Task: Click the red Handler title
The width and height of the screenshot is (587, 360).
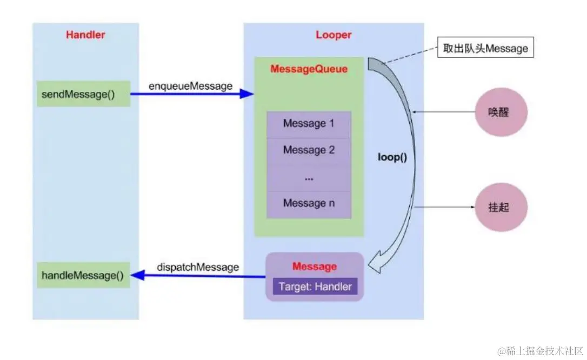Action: (85, 35)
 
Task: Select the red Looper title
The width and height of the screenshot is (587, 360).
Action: (333, 35)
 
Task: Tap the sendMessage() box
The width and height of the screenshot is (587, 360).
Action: (83, 94)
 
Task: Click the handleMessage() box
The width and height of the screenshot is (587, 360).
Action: (83, 276)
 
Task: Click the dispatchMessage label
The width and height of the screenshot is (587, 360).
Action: (198, 267)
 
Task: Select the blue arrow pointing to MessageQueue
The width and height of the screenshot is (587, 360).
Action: (192, 94)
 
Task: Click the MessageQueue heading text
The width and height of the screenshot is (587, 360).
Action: (309, 70)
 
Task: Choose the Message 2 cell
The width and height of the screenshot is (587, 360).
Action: (309, 150)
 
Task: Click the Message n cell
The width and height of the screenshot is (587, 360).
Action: (309, 203)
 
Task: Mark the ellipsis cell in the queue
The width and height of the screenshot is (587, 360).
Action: (309, 177)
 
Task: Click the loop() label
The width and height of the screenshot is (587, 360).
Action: (392, 159)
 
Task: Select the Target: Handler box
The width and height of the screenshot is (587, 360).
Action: (315, 286)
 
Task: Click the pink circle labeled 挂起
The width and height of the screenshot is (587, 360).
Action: (500, 208)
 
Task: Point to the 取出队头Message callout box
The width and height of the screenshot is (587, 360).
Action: (485, 49)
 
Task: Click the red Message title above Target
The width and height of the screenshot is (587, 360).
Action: (315, 266)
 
